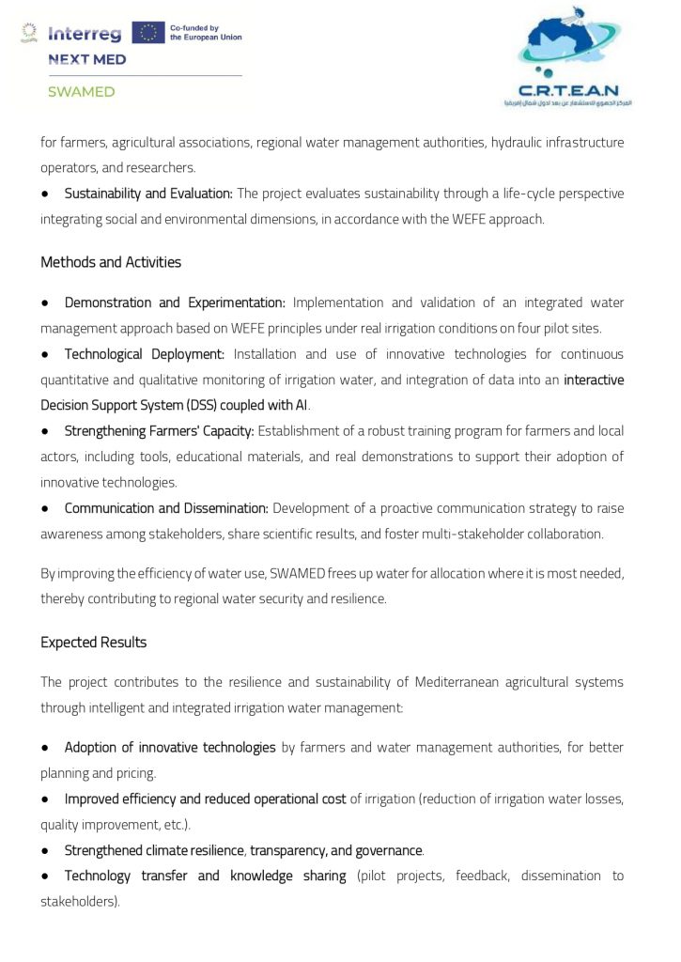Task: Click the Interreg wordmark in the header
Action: (85, 34)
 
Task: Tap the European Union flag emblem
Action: (147, 33)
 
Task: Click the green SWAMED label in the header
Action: (82, 92)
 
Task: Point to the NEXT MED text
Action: (87, 59)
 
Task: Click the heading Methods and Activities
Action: (111, 262)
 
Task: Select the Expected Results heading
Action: (93, 643)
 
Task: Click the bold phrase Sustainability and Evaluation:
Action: (147, 194)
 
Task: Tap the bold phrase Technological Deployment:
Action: (144, 354)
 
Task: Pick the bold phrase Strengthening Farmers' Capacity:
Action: (159, 431)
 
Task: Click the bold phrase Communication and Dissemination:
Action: (166, 508)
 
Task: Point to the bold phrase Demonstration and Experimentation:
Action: (174, 303)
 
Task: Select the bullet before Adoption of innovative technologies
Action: (45, 748)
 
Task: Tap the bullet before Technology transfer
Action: (45, 877)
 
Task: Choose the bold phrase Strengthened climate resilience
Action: (154, 850)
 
